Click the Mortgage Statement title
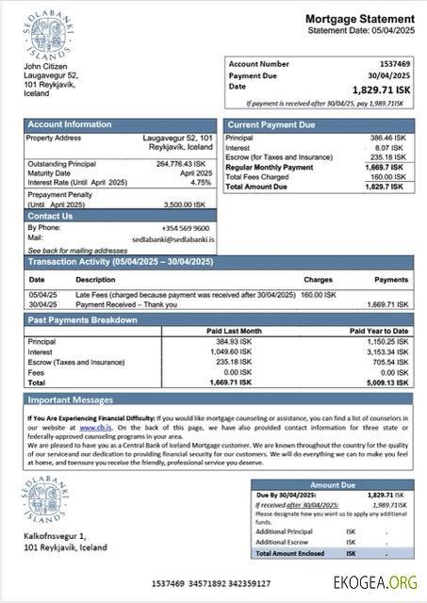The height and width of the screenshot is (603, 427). tap(359, 19)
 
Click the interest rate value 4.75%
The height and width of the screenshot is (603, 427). tap(201, 182)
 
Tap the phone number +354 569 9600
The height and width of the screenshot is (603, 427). tap(186, 228)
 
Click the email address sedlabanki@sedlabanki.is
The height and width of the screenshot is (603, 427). tap(173, 239)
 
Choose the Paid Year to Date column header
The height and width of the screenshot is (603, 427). tap(379, 331)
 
